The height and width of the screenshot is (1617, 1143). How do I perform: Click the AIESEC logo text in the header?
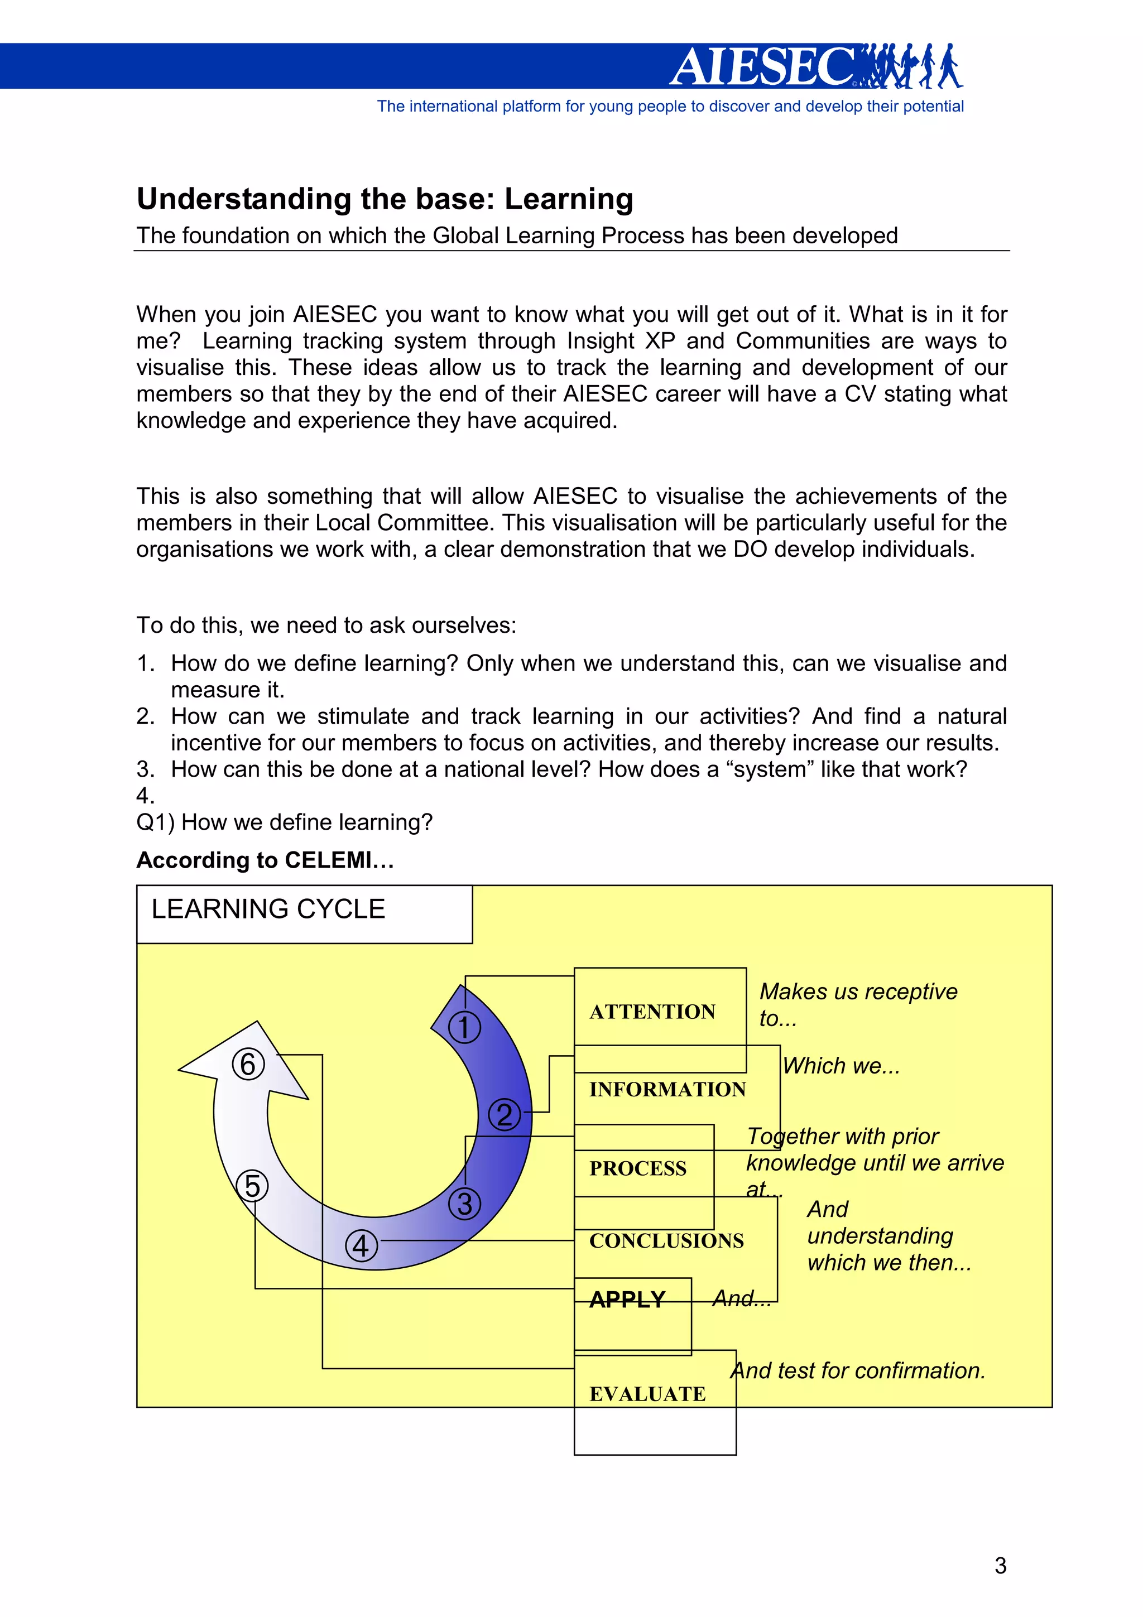[764, 68]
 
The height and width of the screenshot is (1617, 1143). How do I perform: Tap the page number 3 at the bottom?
[1000, 1565]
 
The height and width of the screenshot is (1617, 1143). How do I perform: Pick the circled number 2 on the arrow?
[504, 1115]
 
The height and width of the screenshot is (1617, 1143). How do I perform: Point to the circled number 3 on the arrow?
[464, 1204]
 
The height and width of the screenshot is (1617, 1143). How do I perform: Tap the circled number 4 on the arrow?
[361, 1245]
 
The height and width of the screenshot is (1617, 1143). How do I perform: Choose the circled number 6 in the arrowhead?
[248, 1064]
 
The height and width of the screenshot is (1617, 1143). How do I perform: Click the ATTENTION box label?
[652, 1012]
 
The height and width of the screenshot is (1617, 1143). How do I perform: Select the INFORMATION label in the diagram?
[667, 1090]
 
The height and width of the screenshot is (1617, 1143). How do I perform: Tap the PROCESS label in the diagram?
[637, 1168]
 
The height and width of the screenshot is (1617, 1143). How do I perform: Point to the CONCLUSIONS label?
[666, 1240]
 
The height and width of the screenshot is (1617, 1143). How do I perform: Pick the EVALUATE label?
[647, 1394]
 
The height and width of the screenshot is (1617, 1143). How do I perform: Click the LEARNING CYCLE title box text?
[268, 909]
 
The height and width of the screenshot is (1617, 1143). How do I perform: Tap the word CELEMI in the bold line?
[328, 860]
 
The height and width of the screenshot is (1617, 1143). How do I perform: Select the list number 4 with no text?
[145, 796]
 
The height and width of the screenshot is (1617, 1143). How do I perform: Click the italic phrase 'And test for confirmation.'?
[857, 1370]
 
